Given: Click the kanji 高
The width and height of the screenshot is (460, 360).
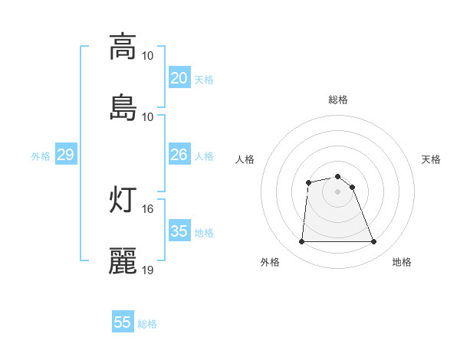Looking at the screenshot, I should pyautogui.click(x=123, y=47).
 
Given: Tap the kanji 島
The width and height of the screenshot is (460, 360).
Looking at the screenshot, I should pyautogui.click(x=123, y=107).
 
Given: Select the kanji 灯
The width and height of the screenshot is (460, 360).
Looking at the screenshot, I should pyautogui.click(x=123, y=200).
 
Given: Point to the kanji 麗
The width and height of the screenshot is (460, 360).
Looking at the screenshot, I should pyautogui.click(x=123, y=261).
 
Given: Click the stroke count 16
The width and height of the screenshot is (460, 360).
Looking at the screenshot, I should pyautogui.click(x=148, y=208).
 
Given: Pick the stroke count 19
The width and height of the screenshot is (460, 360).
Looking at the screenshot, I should pyautogui.click(x=148, y=270).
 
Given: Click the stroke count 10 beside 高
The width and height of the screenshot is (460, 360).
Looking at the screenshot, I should pyautogui.click(x=148, y=55).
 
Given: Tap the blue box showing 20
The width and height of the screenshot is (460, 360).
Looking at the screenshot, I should pyautogui.click(x=179, y=78).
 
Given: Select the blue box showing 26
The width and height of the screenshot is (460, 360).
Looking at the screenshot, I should pyautogui.click(x=179, y=155).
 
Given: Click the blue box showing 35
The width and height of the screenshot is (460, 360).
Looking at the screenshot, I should pyautogui.click(x=179, y=231).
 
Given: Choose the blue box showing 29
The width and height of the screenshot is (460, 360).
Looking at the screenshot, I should pyautogui.click(x=66, y=155).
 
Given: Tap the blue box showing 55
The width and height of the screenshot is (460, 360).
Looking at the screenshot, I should pyautogui.click(x=123, y=322).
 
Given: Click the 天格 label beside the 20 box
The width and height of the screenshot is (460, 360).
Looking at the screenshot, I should pyautogui.click(x=204, y=79).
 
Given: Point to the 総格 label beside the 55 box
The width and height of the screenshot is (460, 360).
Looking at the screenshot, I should pyautogui.click(x=147, y=323).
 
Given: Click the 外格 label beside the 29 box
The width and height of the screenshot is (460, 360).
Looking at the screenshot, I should pyautogui.click(x=41, y=155).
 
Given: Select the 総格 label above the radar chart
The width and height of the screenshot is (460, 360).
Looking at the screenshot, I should pyautogui.click(x=338, y=100).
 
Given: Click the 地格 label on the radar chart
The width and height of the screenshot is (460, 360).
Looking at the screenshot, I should pyautogui.click(x=402, y=262).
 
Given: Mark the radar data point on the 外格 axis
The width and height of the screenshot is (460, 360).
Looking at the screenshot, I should pyautogui.click(x=302, y=242).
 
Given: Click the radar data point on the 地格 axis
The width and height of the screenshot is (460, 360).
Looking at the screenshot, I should pyautogui.click(x=373, y=242).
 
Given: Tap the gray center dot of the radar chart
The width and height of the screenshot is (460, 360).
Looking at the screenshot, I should pyautogui.click(x=338, y=191).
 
